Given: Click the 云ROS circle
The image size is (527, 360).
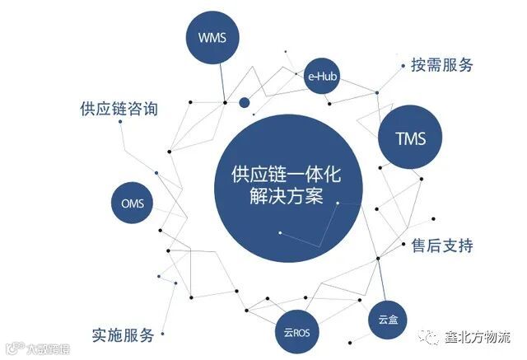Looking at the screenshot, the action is (x=296, y=332).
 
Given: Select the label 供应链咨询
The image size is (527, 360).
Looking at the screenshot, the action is (x=119, y=109).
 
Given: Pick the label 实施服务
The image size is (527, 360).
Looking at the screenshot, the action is (x=124, y=335).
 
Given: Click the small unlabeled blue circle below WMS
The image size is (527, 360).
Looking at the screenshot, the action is (x=244, y=103).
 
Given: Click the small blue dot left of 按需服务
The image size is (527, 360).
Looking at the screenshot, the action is (x=402, y=66).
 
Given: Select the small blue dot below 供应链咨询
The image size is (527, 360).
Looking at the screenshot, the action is (x=120, y=122).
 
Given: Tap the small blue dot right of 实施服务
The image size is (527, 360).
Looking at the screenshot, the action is (x=162, y=334).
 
